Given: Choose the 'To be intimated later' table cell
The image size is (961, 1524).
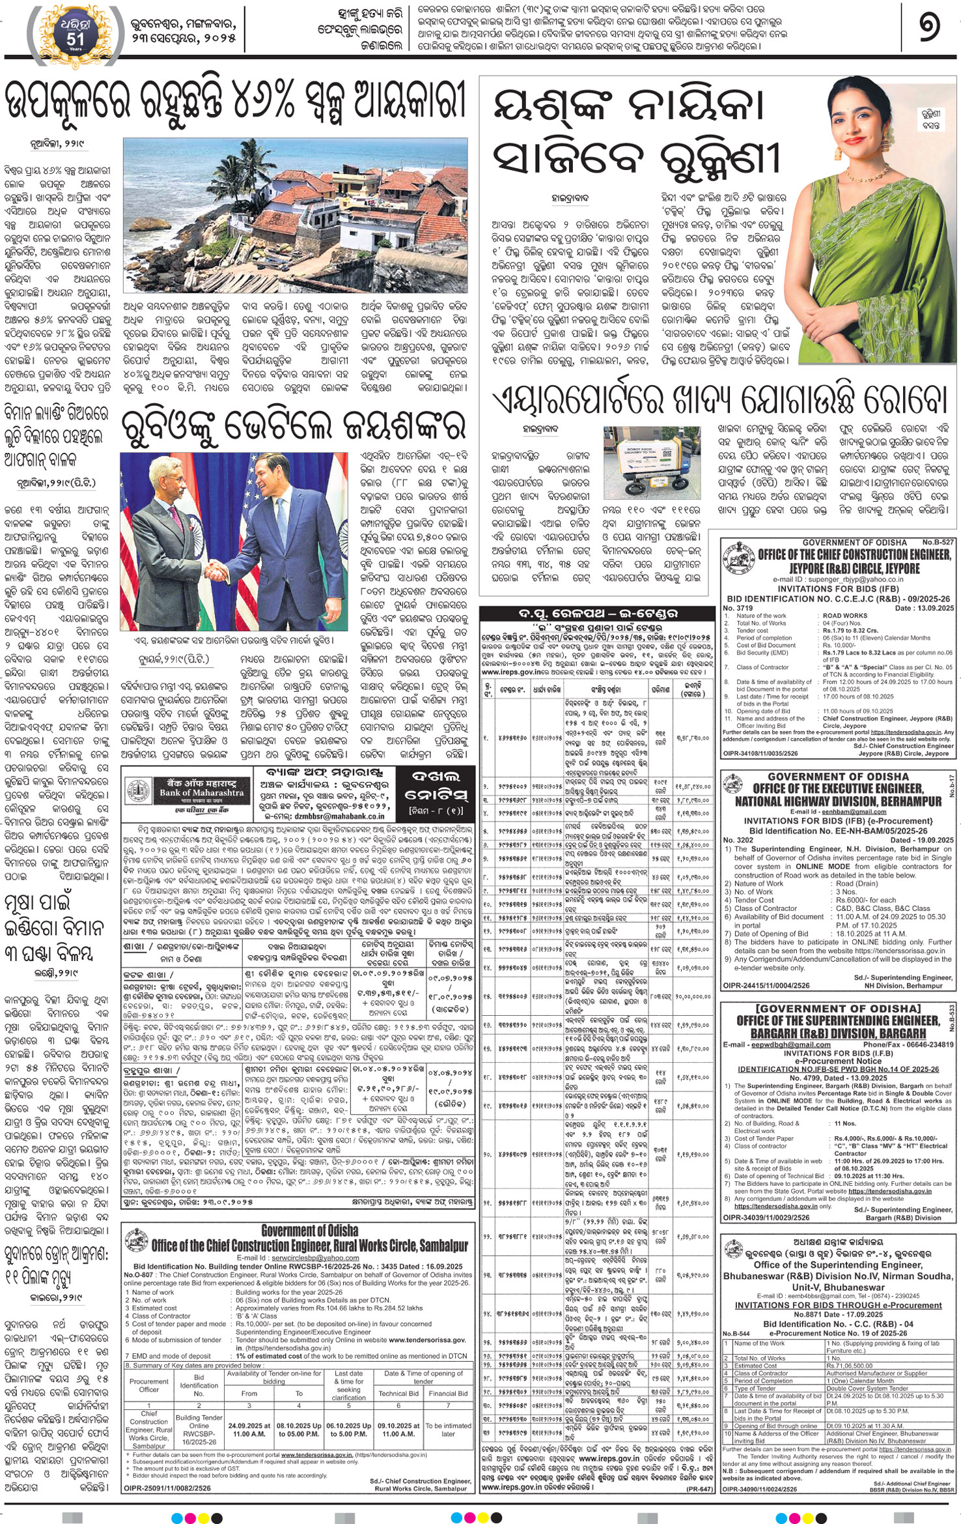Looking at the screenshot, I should [449, 1430].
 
